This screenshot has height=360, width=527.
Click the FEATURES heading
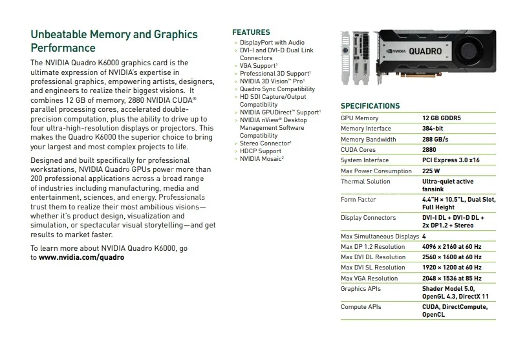point(251,32)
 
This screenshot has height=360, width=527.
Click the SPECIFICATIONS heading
point(370,106)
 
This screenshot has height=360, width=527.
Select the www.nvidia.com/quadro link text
point(81,257)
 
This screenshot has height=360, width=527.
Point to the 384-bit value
point(436,129)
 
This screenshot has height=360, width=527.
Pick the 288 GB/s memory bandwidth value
point(435,139)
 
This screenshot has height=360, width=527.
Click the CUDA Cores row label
point(358,149)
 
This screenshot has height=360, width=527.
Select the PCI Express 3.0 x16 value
point(451,160)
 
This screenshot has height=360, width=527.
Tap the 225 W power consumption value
point(431,171)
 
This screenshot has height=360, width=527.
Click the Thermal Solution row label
point(365,182)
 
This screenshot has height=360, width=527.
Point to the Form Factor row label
point(358,200)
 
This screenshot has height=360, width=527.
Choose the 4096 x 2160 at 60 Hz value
point(451,247)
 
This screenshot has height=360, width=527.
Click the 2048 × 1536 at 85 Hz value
point(451,279)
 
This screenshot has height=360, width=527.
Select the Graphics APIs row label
point(361,289)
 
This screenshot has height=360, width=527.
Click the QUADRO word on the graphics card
point(425,51)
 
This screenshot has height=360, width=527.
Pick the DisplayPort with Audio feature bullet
point(272,43)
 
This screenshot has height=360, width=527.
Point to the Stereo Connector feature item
point(265,143)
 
